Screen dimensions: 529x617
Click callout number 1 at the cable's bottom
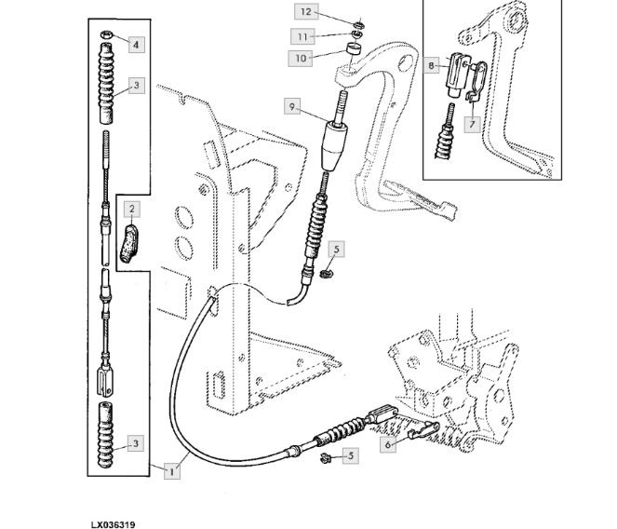click(171, 471)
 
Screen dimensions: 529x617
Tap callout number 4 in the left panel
click(136, 44)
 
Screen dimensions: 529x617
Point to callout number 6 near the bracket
click(387, 445)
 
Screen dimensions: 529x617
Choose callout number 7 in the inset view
click(472, 122)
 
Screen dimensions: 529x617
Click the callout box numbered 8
click(432, 65)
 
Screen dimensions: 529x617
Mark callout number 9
click(292, 107)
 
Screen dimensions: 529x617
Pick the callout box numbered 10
click(301, 58)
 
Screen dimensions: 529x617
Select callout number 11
click(302, 35)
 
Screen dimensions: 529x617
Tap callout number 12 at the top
click(306, 11)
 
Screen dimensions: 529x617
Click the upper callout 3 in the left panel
click(136, 86)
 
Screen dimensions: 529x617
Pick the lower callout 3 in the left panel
click(136, 443)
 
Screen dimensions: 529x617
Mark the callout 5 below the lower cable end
click(351, 455)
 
